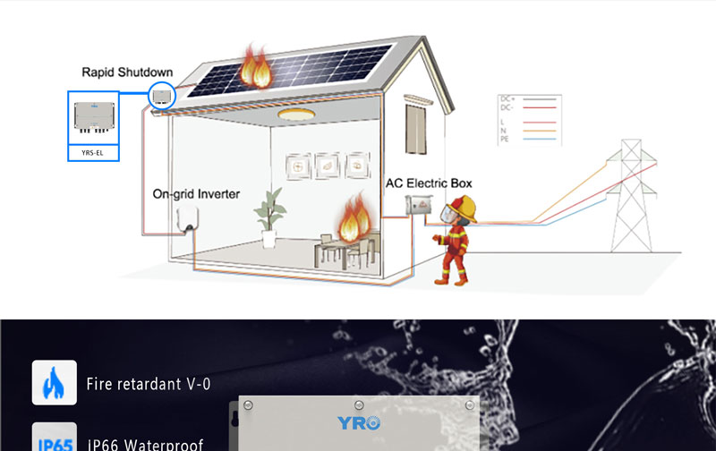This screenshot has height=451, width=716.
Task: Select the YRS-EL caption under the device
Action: pyautogui.click(x=93, y=152)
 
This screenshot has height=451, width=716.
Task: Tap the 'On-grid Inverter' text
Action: pyautogui.click(x=196, y=193)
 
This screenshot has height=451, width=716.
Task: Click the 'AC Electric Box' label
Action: pyautogui.click(x=429, y=183)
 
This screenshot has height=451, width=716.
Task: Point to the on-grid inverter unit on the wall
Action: pyautogui.click(x=188, y=217)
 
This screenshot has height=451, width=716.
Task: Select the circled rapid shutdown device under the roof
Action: pyautogui.click(x=162, y=94)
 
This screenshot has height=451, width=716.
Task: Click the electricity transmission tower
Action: pyautogui.click(x=630, y=197)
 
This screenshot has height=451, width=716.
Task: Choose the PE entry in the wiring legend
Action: pyautogui.click(x=506, y=140)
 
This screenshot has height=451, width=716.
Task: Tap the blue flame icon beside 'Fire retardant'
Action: pyautogui.click(x=54, y=383)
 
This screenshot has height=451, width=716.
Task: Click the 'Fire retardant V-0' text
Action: pyautogui.click(x=149, y=385)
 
